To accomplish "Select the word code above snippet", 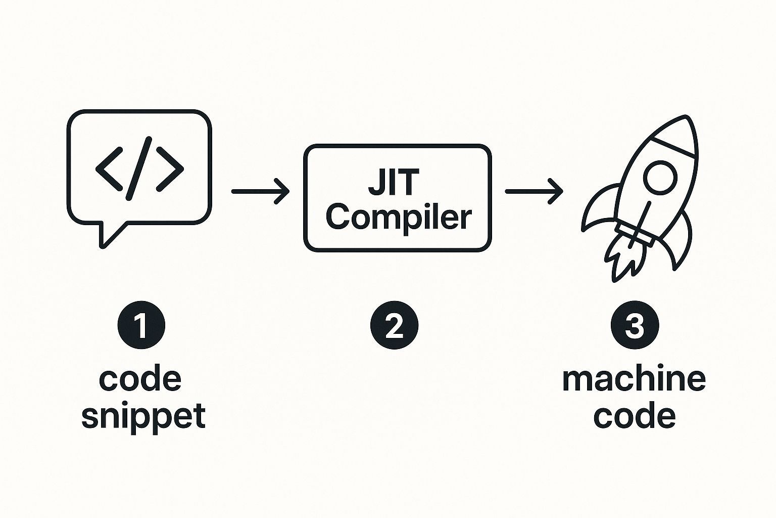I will tap(140, 379).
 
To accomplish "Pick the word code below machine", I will tap(635, 417).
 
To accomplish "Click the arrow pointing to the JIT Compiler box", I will tap(260, 191).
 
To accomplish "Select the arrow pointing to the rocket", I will tap(534, 191).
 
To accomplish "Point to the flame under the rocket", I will tap(624, 258).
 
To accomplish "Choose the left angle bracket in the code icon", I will tap(109, 168).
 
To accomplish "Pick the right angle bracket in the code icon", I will tap(170, 168).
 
